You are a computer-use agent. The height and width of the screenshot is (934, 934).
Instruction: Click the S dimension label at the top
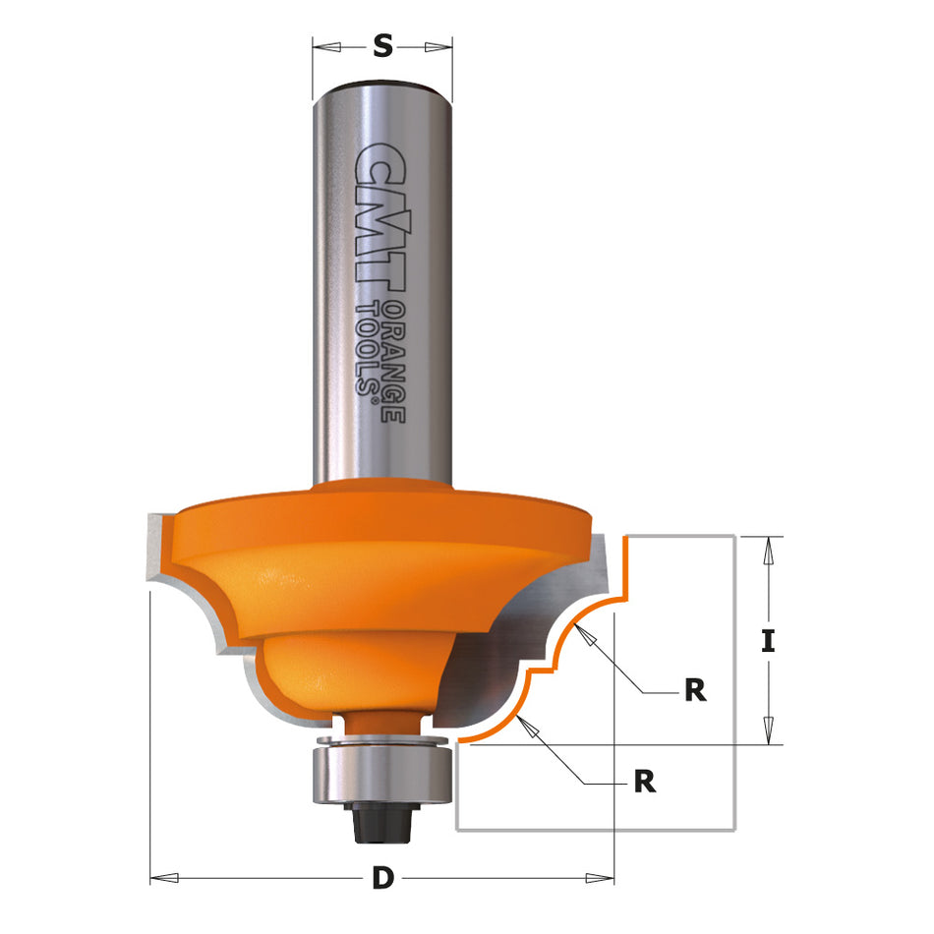[382, 45]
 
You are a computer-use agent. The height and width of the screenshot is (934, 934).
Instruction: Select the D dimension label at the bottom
[382, 879]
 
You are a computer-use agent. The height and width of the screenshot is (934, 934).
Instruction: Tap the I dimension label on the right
[769, 641]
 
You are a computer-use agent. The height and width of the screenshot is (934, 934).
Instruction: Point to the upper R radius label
[695, 690]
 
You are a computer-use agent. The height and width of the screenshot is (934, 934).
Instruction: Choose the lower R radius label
[645, 782]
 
